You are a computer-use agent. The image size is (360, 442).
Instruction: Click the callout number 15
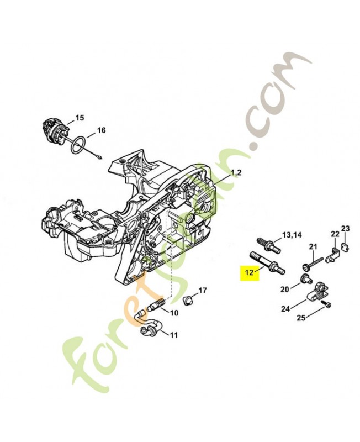[x=80, y=118]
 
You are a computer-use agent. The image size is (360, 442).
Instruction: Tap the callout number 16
[x=100, y=131]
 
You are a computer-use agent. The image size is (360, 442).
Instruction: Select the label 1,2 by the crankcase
[x=236, y=173]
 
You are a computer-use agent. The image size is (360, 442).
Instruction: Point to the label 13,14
[x=292, y=235]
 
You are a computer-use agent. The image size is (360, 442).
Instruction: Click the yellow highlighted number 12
[x=248, y=272]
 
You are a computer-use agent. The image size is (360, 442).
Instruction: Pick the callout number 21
[x=313, y=246]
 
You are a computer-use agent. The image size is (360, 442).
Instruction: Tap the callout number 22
[x=335, y=234]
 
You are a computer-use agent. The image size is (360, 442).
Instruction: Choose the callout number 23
[x=346, y=228]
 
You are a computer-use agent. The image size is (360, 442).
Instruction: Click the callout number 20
[x=285, y=289]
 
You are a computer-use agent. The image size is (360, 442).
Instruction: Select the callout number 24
[x=285, y=309]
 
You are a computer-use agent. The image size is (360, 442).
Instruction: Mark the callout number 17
[x=202, y=290]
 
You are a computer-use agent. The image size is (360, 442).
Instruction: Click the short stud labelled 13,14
[x=264, y=243]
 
